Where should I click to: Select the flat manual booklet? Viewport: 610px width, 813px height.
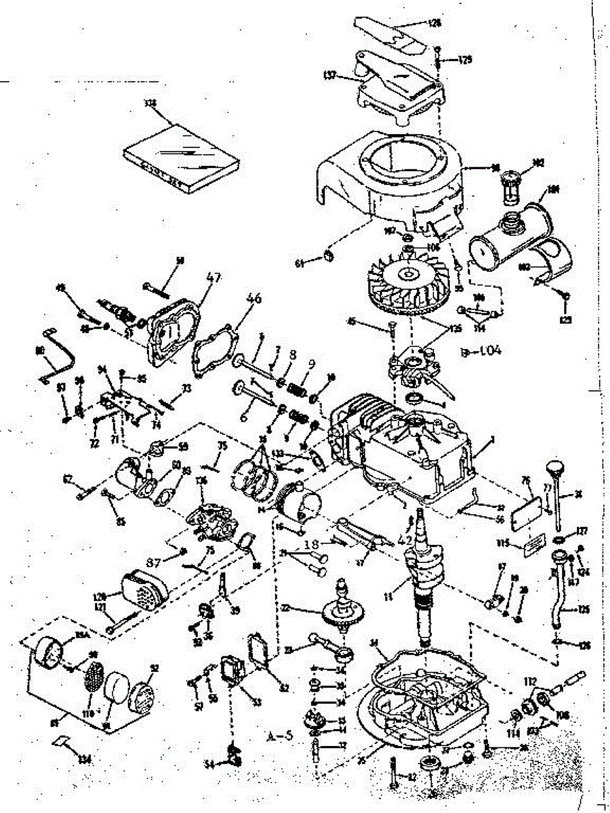click(182, 149)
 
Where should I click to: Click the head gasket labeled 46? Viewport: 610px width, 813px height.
click(216, 351)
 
